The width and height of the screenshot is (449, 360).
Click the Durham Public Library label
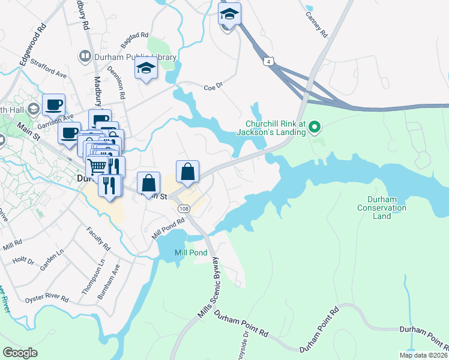point(135,57)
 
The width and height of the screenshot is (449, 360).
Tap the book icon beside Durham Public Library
point(85,57)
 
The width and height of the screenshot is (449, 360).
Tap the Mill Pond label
point(191,253)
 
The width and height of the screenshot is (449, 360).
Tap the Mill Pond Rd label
point(167,228)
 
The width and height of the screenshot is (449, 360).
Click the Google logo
point(20,353)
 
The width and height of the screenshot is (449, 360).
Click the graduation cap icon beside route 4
point(229,15)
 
